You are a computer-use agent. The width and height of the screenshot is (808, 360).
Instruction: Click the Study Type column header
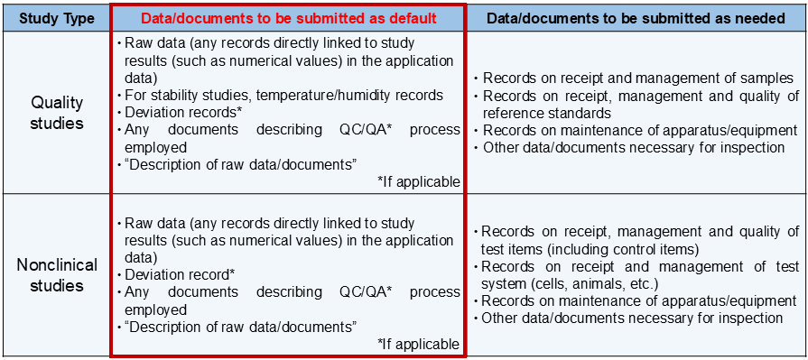54,17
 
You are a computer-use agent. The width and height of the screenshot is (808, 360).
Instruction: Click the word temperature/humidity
345,96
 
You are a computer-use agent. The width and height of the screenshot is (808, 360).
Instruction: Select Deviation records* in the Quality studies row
181,113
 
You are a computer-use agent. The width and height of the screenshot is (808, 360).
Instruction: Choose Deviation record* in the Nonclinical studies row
178,274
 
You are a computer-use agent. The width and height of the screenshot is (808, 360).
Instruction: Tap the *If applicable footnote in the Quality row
419,182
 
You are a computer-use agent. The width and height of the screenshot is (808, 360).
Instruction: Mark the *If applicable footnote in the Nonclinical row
419,344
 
